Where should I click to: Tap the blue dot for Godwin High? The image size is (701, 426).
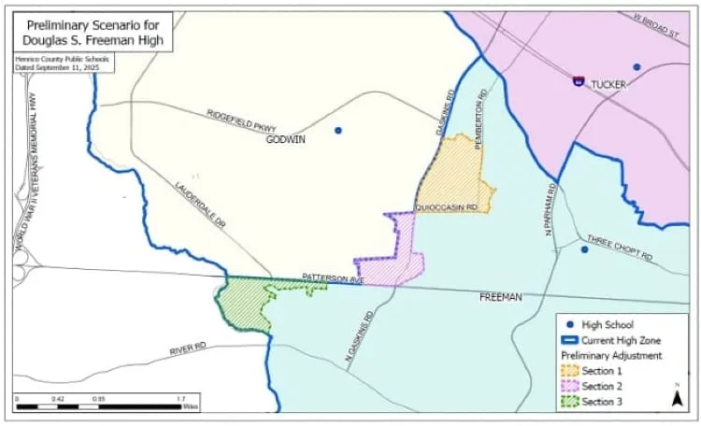pyautogui.click(x=338, y=130)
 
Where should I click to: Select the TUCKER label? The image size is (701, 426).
pyautogui.click(x=608, y=84)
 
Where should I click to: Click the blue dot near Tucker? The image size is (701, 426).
pyautogui.click(x=637, y=66)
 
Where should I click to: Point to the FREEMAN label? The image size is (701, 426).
pyautogui.click(x=500, y=297)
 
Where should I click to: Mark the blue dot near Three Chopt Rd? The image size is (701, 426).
pyautogui.click(x=584, y=249)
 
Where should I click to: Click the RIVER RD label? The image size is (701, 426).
pyautogui.click(x=188, y=349)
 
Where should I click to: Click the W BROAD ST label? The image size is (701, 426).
pyautogui.click(x=653, y=25)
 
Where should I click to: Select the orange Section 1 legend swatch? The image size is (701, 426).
pyautogui.click(x=569, y=371)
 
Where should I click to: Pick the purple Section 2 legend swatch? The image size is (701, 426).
pyautogui.click(x=569, y=387)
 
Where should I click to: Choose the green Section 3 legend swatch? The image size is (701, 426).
pyautogui.click(x=569, y=403)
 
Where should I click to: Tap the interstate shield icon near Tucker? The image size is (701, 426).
pyautogui.click(x=579, y=81)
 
